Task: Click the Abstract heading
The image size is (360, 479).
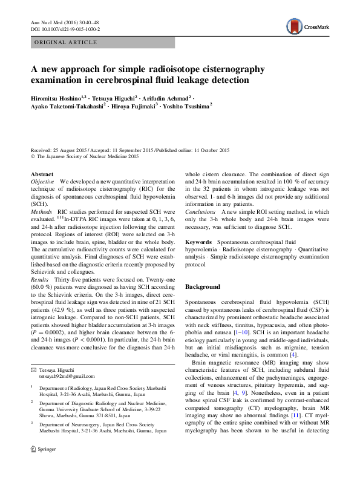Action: point(42,174)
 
